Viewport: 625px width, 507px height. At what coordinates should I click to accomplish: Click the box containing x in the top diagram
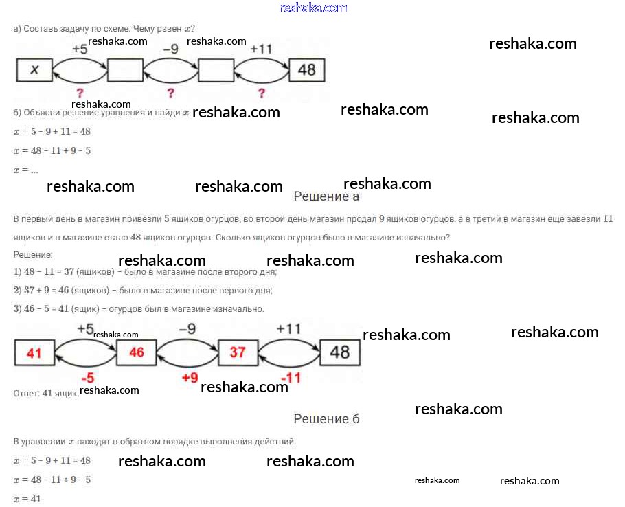coord(34,70)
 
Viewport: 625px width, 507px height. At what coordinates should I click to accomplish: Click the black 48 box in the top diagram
coord(307,70)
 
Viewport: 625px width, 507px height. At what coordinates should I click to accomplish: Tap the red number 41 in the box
coord(34,352)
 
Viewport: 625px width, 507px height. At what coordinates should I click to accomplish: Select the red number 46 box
coord(136,352)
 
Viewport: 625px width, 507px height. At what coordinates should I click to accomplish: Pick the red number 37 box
coord(238,352)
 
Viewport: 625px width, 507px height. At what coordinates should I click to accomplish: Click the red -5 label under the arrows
coord(88,377)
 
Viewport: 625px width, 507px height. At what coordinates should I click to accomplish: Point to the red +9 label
coord(190,377)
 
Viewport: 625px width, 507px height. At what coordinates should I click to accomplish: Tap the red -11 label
coord(291,377)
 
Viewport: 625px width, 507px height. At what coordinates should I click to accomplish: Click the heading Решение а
coord(326,196)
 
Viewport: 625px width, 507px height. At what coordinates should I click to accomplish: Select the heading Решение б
coord(326,419)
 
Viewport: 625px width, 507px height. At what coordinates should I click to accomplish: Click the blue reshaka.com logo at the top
coord(313,8)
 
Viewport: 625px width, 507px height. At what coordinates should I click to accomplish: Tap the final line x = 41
coord(27,499)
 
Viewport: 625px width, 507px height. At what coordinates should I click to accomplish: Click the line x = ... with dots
coord(26,170)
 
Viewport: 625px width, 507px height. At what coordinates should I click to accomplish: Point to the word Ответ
coord(26,394)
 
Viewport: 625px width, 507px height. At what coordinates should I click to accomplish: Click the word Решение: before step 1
coord(33,255)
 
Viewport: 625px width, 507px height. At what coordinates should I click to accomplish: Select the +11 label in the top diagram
coord(261,49)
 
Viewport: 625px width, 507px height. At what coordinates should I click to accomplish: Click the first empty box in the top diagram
coord(125,70)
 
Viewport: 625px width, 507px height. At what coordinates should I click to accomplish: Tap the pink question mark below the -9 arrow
coord(170,93)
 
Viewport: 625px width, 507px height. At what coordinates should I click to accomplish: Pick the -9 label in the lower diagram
coord(187,329)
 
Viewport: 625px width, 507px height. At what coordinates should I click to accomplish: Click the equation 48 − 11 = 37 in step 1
coord(49,272)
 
